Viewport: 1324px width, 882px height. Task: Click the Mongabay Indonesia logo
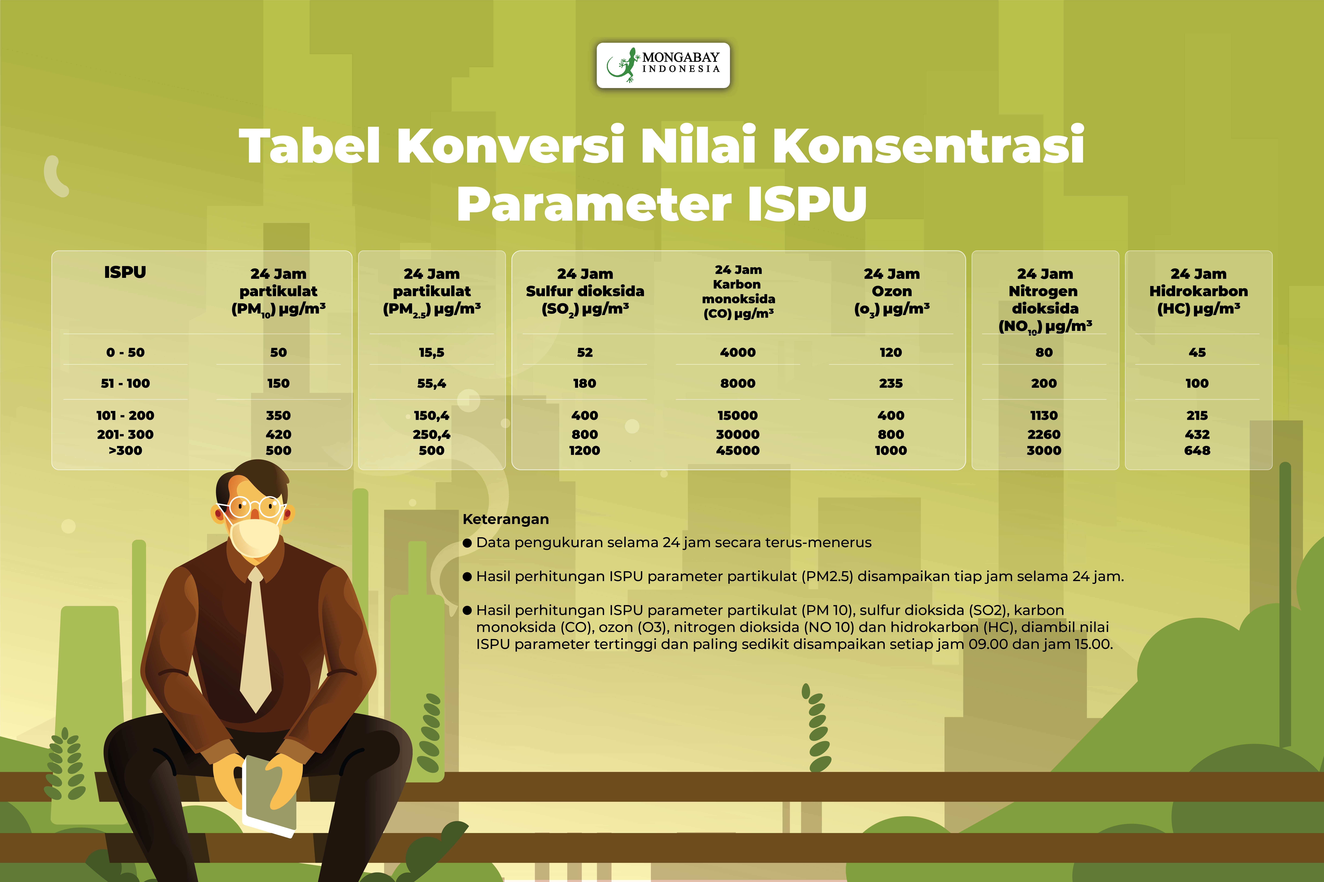[663, 65]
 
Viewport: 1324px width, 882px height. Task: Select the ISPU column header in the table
[125, 272]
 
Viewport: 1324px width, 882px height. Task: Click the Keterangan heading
[506, 519]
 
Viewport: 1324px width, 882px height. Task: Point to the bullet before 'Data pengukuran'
[467, 543]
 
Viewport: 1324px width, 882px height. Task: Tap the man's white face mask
[255, 537]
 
